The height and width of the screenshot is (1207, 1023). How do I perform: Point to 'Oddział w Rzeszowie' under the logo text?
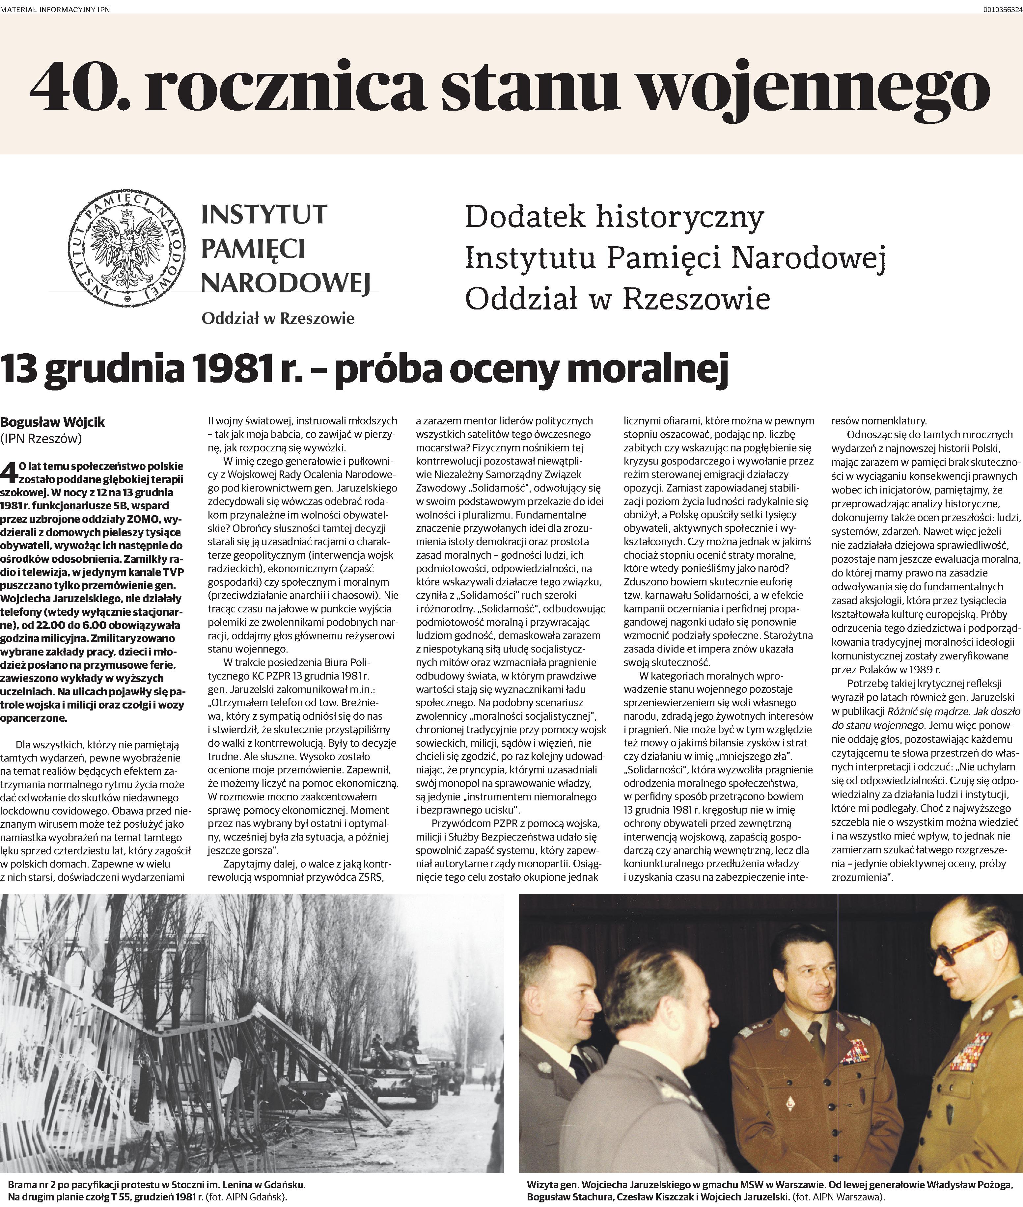click(278, 318)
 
